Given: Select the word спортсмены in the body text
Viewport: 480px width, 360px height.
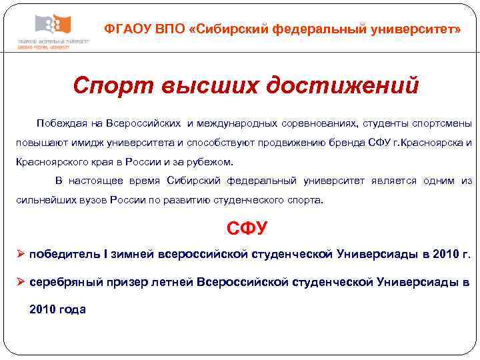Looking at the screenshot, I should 441,124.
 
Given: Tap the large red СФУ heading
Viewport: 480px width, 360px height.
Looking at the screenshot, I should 246,229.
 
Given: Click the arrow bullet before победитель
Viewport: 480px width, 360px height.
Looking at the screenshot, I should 21,254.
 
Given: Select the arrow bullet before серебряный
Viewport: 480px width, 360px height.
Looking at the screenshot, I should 21,281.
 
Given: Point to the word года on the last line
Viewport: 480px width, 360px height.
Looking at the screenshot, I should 72,309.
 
